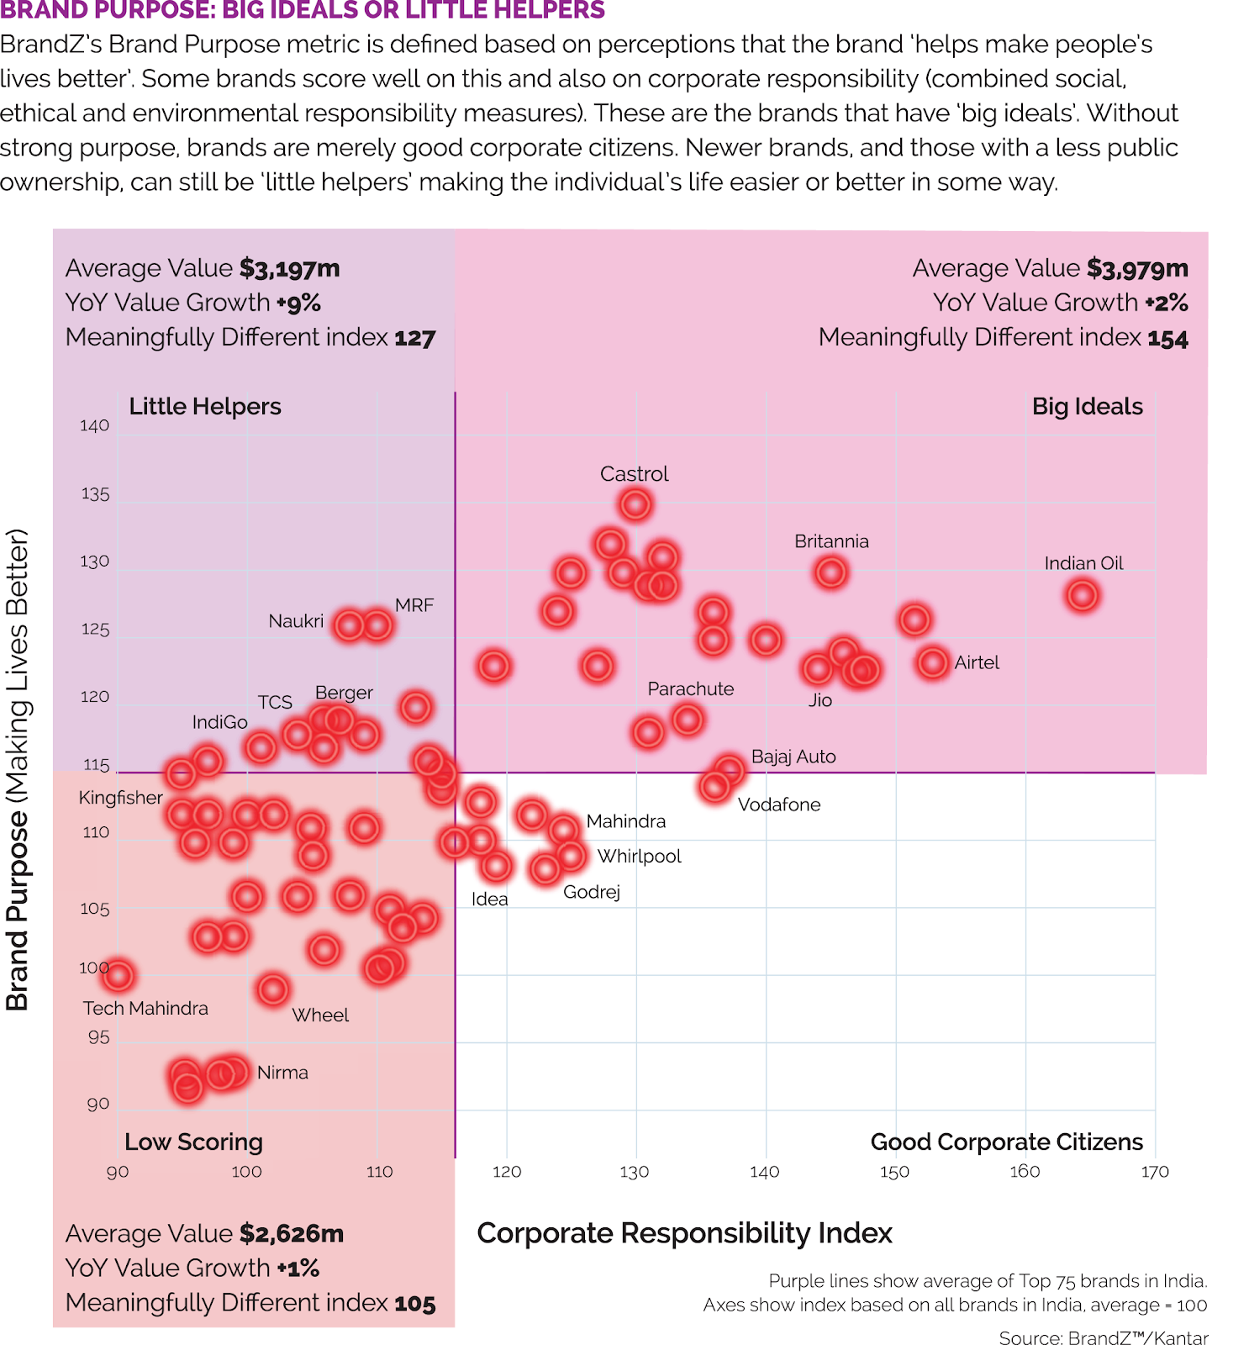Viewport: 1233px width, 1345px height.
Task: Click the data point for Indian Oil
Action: point(1082,595)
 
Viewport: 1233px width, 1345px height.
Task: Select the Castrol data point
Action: point(635,504)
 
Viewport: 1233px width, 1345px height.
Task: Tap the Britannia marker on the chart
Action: point(831,572)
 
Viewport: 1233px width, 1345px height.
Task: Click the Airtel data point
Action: point(933,662)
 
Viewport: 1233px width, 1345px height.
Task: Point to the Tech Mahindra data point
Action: point(119,975)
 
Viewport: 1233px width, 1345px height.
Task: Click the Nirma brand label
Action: point(282,1073)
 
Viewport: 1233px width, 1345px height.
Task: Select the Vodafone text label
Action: point(779,804)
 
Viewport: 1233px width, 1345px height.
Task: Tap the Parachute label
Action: point(690,689)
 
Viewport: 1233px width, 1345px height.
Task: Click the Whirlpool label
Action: point(639,857)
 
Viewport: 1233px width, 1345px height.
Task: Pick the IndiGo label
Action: point(219,722)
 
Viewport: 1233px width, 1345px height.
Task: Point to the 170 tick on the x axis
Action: point(1155,1172)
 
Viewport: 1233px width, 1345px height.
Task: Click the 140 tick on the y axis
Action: point(95,426)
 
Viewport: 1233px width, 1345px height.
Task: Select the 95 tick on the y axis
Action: point(99,1037)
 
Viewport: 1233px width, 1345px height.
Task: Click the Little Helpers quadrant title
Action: point(205,407)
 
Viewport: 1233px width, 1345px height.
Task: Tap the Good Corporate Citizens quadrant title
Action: point(1006,1142)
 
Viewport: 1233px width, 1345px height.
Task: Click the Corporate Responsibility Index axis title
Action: point(684,1233)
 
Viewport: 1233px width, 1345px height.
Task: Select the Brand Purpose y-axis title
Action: point(18,769)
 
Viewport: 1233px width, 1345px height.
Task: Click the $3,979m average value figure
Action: point(1137,269)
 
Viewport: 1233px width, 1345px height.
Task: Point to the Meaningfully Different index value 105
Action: point(415,1304)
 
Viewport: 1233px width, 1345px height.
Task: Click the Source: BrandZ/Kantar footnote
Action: point(1103,1337)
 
